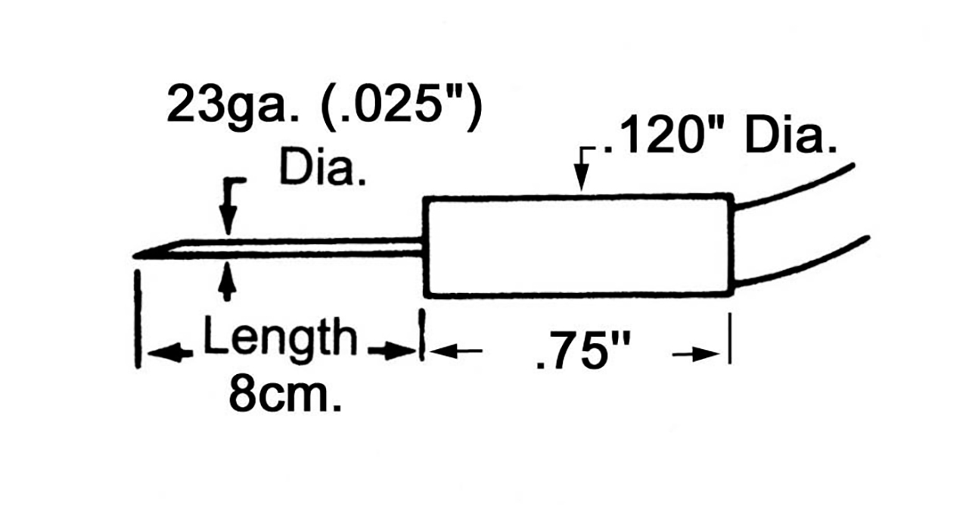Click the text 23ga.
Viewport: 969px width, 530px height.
click(x=233, y=108)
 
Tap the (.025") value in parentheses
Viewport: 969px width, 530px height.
click(x=402, y=105)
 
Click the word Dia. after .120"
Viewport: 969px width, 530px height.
click(x=790, y=136)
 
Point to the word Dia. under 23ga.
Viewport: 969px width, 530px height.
click(x=323, y=167)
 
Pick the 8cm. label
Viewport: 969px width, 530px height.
click(x=285, y=394)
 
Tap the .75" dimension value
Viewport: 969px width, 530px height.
click(x=582, y=351)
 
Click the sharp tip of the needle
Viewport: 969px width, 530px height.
click(x=134, y=257)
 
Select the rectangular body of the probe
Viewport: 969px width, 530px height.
click(x=579, y=246)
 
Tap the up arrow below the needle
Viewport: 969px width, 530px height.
click(x=227, y=282)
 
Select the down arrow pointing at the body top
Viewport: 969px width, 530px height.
click(x=582, y=169)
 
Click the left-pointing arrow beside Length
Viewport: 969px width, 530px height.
click(x=170, y=353)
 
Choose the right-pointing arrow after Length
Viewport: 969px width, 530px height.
click(x=392, y=351)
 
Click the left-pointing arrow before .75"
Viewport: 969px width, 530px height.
click(x=455, y=351)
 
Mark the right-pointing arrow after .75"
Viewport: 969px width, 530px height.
click(x=696, y=354)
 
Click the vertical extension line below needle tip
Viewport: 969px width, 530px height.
click(x=138, y=319)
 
